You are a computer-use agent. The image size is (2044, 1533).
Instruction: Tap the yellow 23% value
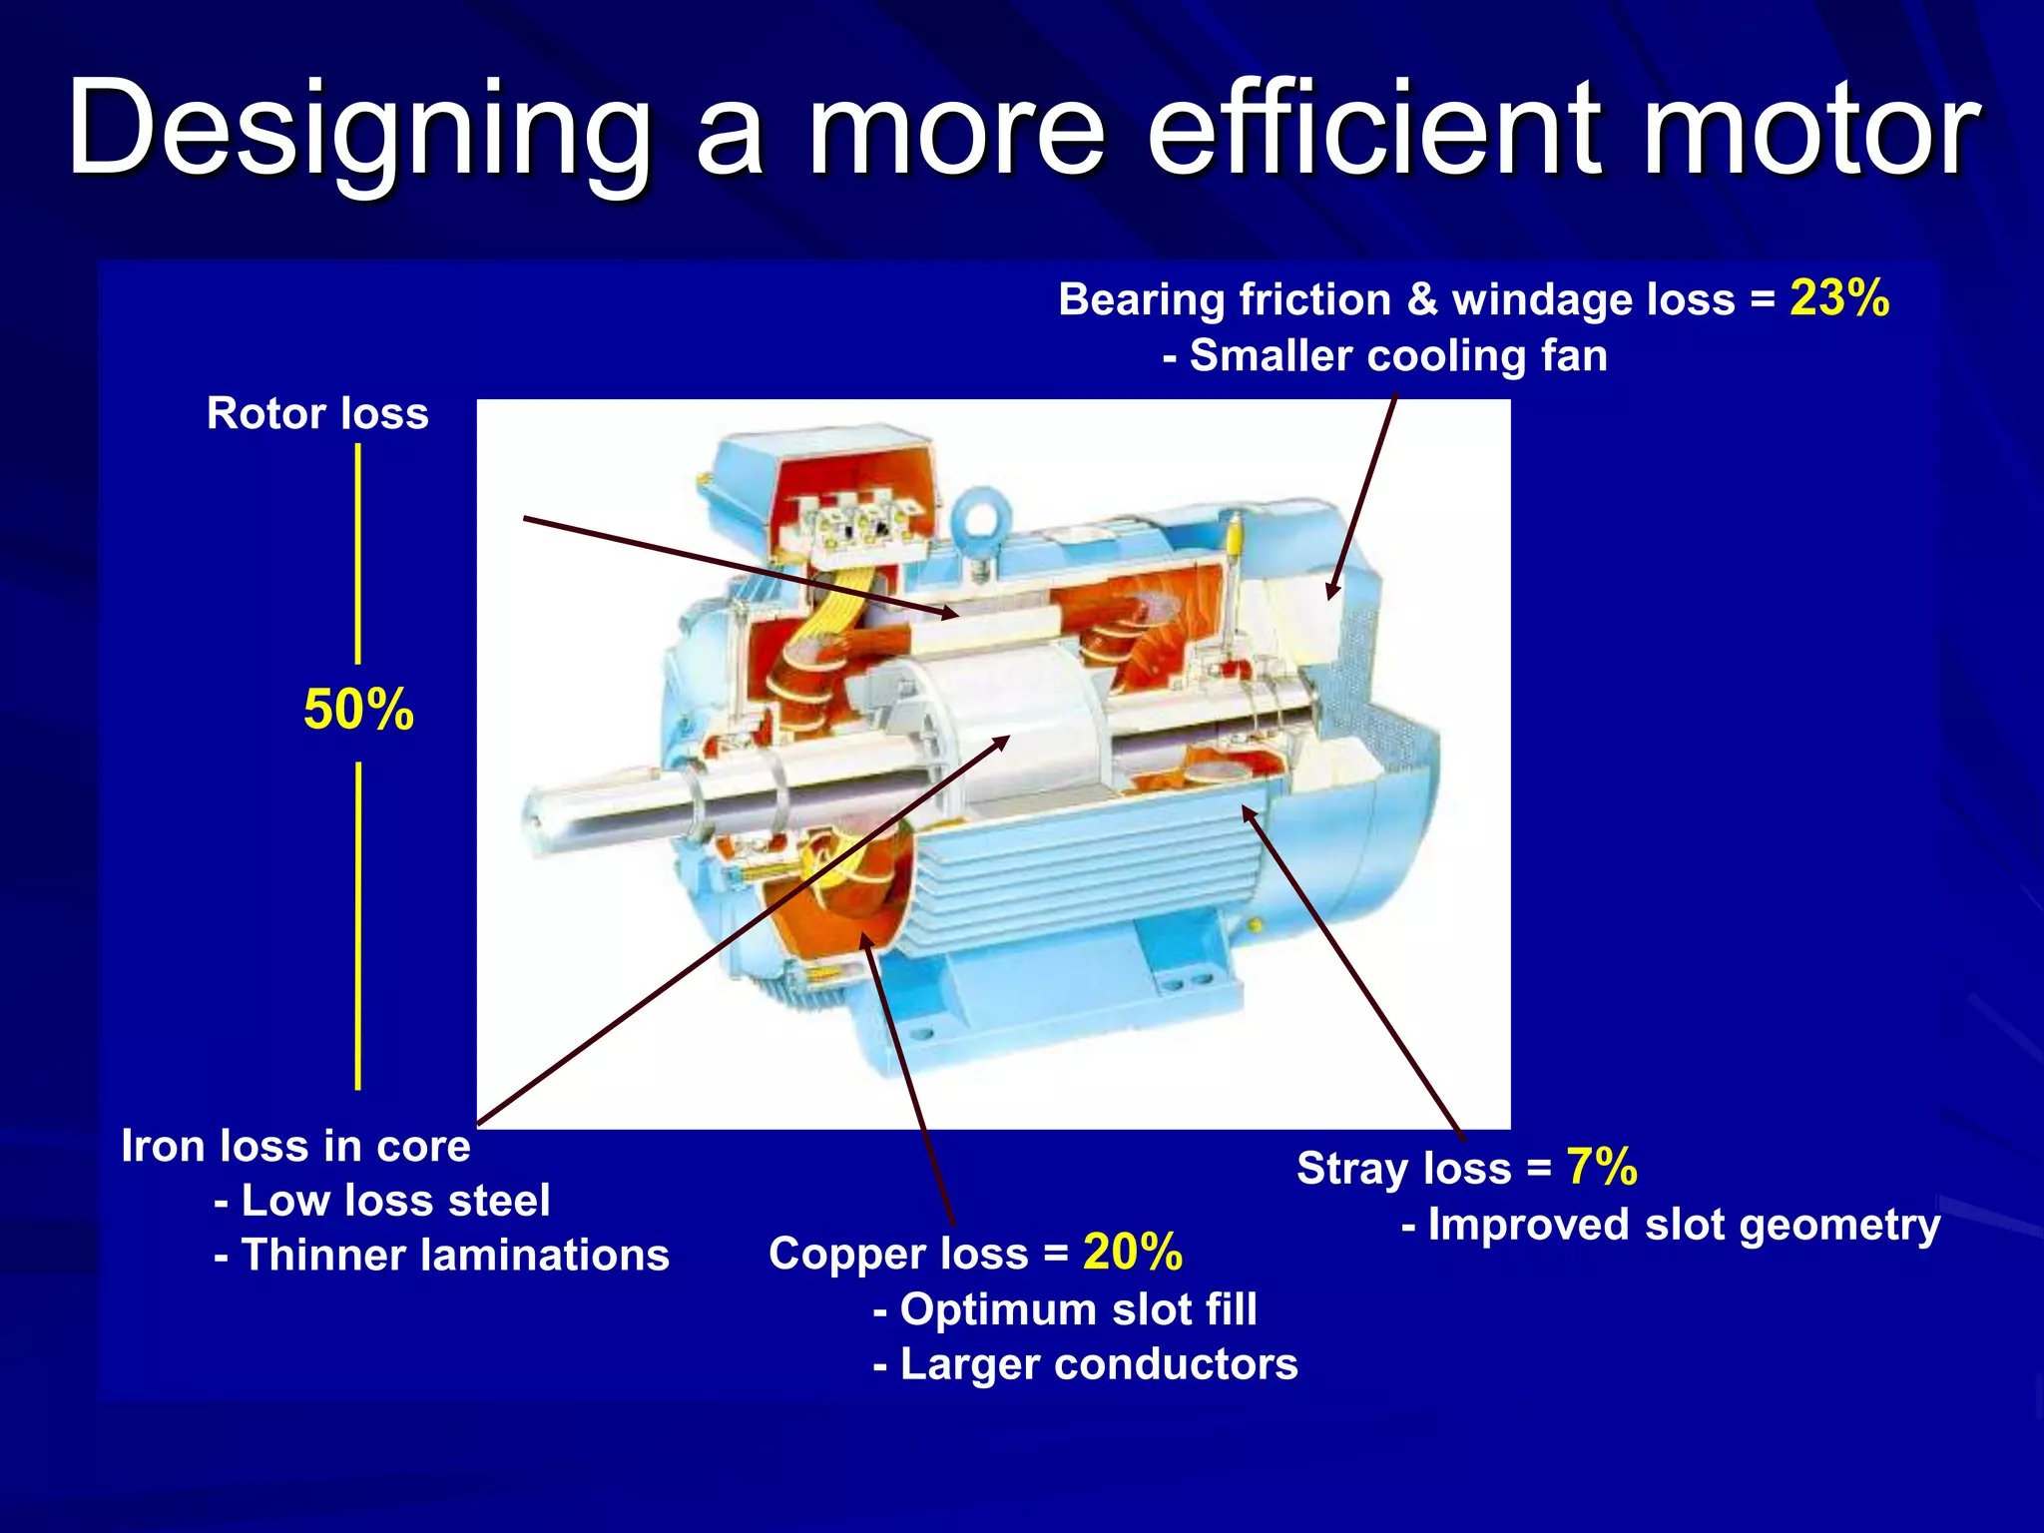coord(1839,297)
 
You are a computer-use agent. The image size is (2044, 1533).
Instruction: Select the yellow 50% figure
coord(358,710)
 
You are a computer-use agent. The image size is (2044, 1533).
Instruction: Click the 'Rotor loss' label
coord(317,413)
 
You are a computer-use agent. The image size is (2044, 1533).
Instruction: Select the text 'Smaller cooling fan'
coord(1397,355)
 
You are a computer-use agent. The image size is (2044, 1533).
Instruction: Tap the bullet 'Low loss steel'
coord(394,1200)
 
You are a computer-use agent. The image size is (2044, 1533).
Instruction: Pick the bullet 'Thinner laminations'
coord(454,1255)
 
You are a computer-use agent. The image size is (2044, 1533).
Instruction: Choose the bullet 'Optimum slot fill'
coord(1078,1308)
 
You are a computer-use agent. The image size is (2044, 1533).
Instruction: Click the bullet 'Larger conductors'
coord(1098,1363)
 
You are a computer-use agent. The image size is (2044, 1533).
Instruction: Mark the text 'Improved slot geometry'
coord(1683,1225)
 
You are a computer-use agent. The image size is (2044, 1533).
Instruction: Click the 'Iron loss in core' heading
coord(295,1146)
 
